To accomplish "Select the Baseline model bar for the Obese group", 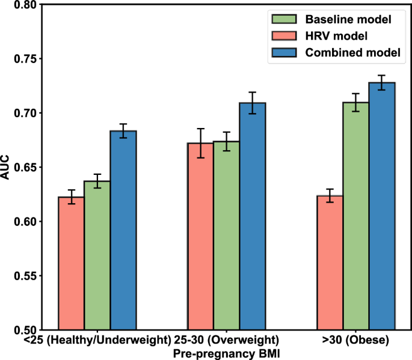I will pos(356,216).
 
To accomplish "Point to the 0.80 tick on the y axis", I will pos(23,5).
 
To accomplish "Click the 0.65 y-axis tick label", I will pos(23,168).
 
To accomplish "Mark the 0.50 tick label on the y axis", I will pos(23,330).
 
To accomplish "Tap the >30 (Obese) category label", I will pos(355,340).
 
